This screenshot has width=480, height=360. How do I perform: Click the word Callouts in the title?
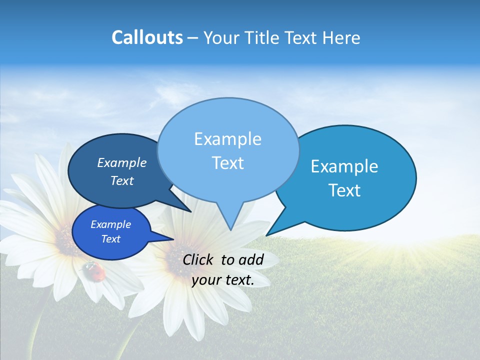tap(147, 37)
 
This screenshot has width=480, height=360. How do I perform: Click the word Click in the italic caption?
tap(198, 259)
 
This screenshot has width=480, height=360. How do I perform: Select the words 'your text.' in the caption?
tap(223, 280)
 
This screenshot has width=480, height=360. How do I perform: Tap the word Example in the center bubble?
tap(227, 139)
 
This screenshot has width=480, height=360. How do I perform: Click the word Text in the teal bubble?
tap(344, 190)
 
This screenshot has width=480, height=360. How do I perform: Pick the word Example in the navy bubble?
tap(121, 163)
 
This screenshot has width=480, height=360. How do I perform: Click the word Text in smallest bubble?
tap(110, 239)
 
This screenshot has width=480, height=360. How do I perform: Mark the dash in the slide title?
tap(193, 38)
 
